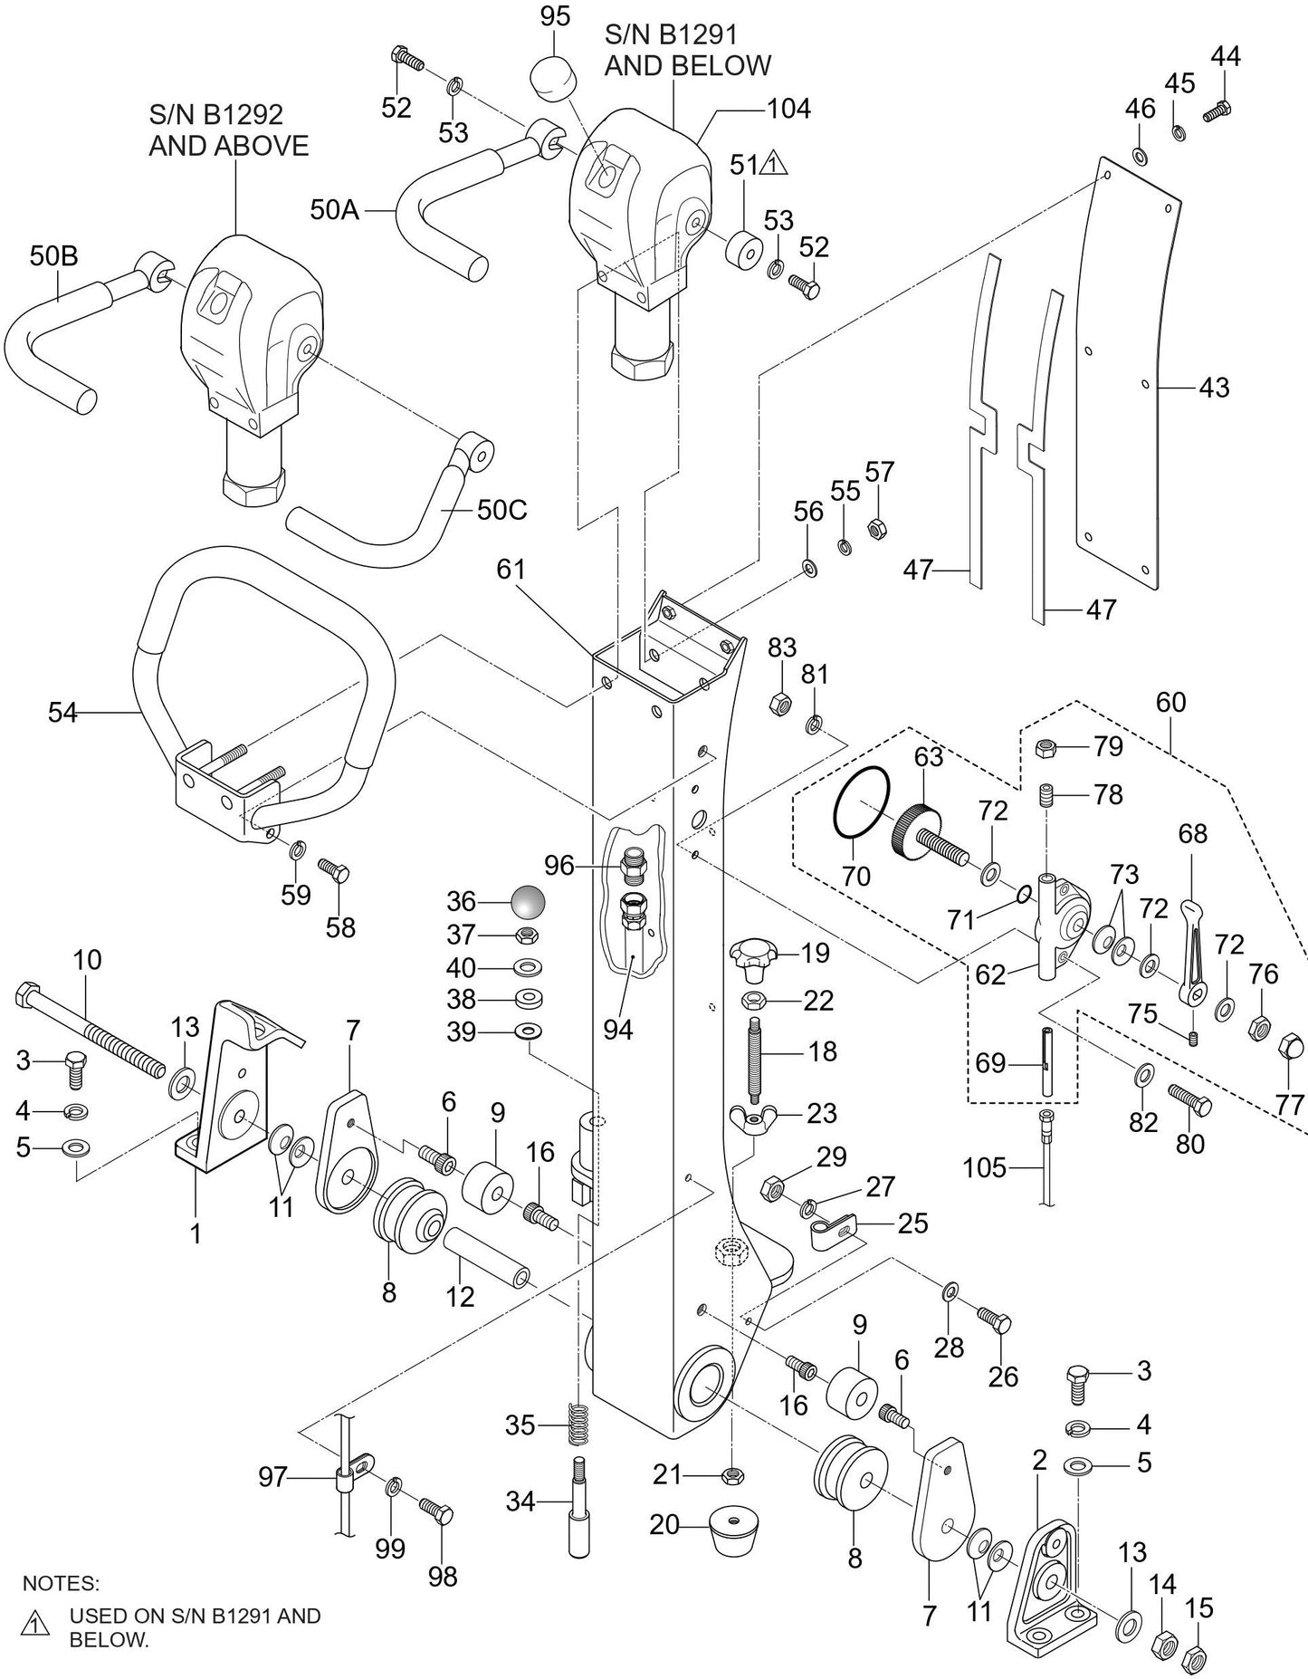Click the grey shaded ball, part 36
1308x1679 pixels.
528,902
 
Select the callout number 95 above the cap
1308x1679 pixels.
555,16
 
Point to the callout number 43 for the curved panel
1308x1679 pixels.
1214,388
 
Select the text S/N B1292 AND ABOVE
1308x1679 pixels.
228,130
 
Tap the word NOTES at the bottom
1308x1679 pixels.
61,1583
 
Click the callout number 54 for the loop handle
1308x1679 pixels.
62,713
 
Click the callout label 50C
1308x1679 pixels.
501,510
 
